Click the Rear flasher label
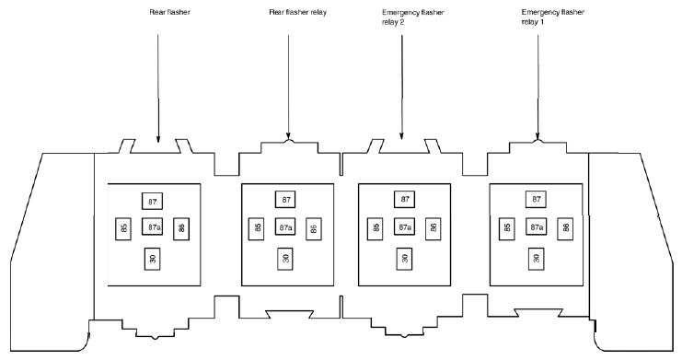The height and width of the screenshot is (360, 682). [x=169, y=12]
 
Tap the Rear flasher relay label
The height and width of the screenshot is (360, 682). [x=297, y=12]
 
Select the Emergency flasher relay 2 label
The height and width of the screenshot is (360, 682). [x=412, y=17]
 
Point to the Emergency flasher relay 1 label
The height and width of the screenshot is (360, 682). [x=552, y=17]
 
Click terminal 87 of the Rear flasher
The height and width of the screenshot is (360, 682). [x=152, y=201]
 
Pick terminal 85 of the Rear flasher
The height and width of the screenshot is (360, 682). [x=123, y=228]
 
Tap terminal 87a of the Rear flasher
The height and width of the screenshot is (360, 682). [x=152, y=226]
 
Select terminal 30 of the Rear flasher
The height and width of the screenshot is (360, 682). [x=152, y=259]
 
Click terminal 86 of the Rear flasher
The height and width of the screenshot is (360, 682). [x=181, y=228]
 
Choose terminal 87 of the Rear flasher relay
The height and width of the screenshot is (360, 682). [x=285, y=200]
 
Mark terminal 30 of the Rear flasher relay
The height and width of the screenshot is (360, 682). [x=285, y=259]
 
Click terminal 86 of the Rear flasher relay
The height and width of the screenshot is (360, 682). [x=314, y=228]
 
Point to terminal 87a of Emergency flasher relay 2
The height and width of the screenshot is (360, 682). [x=404, y=226]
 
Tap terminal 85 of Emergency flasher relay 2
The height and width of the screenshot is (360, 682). [x=376, y=228]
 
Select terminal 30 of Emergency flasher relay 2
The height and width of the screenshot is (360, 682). [x=404, y=259]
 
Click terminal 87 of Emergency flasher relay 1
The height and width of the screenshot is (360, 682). [x=536, y=200]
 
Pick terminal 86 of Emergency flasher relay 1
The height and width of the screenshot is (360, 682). [x=565, y=228]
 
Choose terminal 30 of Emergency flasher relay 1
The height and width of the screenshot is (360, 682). [x=536, y=259]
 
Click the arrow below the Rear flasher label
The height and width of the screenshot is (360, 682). [x=158, y=88]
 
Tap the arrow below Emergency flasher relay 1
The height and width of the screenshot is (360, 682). [x=538, y=87]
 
